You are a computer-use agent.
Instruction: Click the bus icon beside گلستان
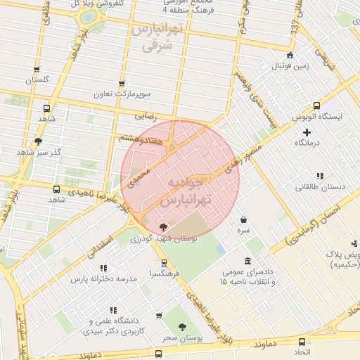pos(37,70)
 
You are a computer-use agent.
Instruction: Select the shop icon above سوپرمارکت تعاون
pos(122,84)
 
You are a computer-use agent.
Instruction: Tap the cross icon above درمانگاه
pos(307,132)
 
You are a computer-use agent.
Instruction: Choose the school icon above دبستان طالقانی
pos(320,176)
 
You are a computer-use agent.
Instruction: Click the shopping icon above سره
pos(243,219)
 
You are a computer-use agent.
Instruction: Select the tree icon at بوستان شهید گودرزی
pos(164,227)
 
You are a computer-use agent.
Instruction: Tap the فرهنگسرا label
pos(164,274)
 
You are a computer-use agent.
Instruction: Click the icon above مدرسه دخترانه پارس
pos(104,268)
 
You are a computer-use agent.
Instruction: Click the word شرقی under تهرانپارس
pos(156,46)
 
